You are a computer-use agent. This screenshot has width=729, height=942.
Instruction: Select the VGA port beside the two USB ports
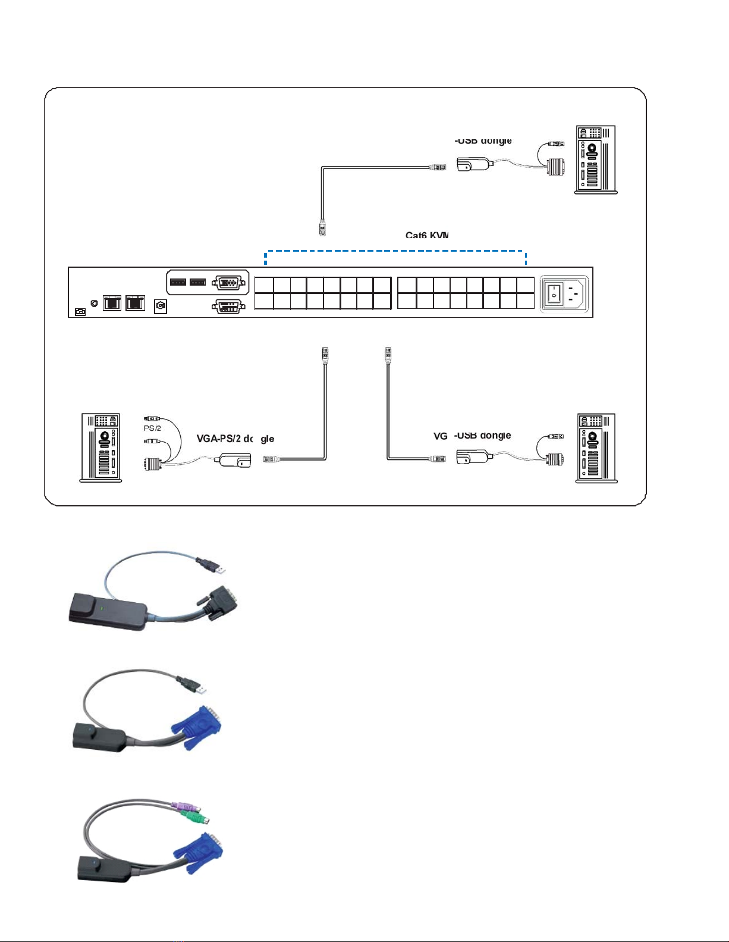point(227,282)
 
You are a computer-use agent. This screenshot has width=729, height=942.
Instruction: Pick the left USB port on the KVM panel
point(178,282)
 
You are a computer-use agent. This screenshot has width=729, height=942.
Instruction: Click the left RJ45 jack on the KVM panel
point(112,303)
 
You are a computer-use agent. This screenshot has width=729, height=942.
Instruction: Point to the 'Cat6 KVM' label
point(427,235)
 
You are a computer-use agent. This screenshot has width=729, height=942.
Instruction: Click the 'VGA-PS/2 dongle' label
point(235,439)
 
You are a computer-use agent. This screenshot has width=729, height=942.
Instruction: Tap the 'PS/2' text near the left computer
point(152,428)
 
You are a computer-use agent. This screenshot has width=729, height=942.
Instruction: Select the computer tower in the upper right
point(596,159)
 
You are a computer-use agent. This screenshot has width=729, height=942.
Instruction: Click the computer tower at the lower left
point(101,447)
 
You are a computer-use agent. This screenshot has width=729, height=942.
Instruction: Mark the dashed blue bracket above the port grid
point(395,252)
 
